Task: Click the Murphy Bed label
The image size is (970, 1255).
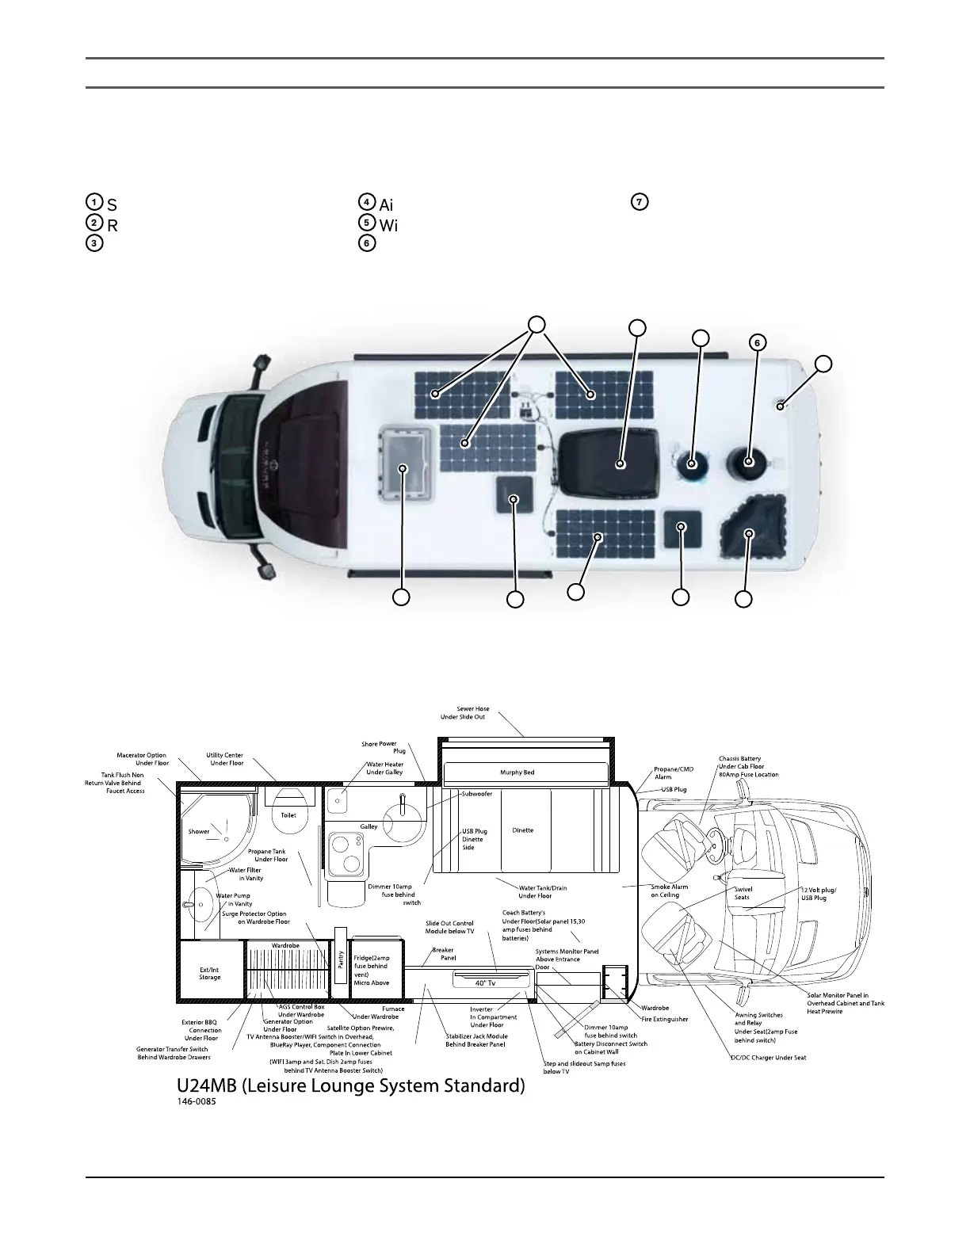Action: [517, 772]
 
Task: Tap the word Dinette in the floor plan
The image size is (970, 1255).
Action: [522, 830]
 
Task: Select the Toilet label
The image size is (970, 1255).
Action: [288, 815]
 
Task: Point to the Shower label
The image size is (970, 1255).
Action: [199, 832]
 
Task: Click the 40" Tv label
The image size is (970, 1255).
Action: [486, 983]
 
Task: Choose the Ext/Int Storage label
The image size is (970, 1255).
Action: [210, 973]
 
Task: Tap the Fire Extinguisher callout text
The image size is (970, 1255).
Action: [664, 1019]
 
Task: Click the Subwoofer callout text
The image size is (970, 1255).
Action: [477, 794]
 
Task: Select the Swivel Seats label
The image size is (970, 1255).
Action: [742, 893]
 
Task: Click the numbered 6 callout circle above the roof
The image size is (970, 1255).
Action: [758, 343]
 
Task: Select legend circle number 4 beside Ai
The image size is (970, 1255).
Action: [366, 201]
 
